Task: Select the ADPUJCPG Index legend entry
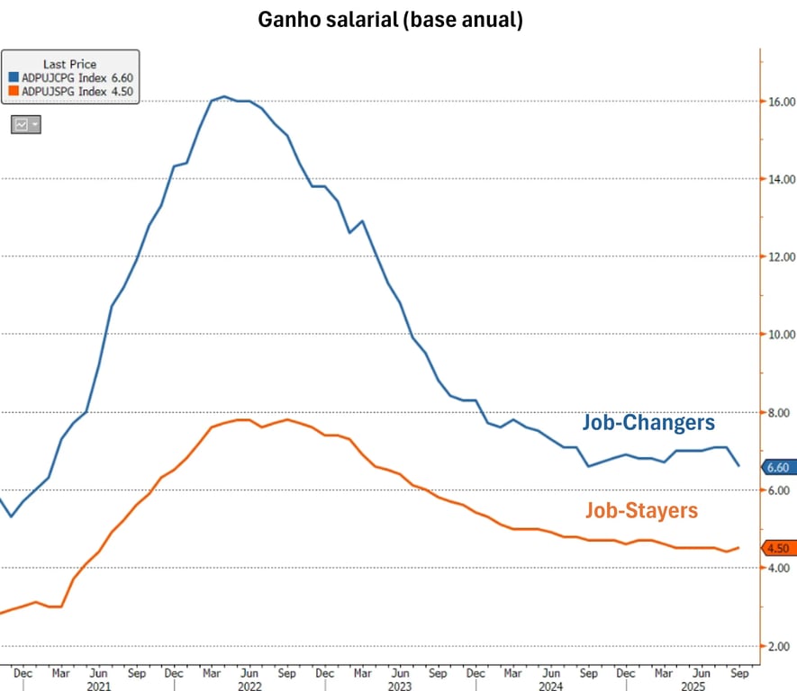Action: click(x=70, y=77)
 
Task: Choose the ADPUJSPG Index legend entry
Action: click(x=70, y=90)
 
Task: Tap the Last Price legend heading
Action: click(x=69, y=65)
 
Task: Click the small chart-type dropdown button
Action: click(x=26, y=125)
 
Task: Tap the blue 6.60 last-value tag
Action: click(x=776, y=467)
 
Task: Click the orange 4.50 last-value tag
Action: click(x=776, y=548)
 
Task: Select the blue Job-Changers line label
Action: click(x=648, y=421)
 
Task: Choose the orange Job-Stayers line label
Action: click(x=641, y=510)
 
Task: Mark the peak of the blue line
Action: click(x=223, y=96)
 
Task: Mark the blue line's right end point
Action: click(x=738, y=465)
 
